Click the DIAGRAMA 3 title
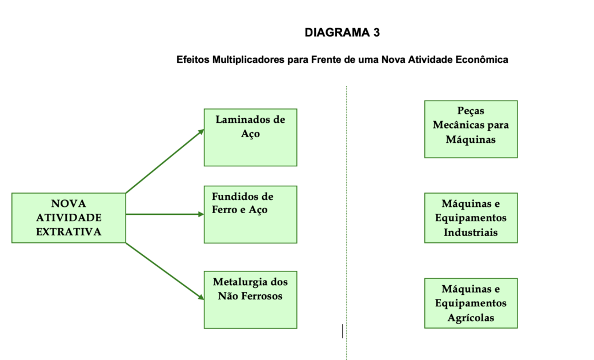coord(342,33)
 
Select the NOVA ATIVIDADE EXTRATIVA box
coord(69,218)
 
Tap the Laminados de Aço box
coord(250,138)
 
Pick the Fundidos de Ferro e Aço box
coord(250,214)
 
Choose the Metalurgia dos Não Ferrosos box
coord(250,299)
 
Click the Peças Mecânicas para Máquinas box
coord(471,129)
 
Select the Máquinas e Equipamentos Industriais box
coord(471,218)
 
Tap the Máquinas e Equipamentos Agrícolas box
coord(471,303)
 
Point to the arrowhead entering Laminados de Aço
coord(201,131)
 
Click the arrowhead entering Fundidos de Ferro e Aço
coord(201,214)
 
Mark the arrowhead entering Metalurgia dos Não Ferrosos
coord(201,297)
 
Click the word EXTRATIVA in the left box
coord(69,231)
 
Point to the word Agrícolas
coord(471,318)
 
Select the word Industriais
coord(471,232)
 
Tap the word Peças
coord(471,111)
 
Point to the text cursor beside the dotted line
coord(343,330)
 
